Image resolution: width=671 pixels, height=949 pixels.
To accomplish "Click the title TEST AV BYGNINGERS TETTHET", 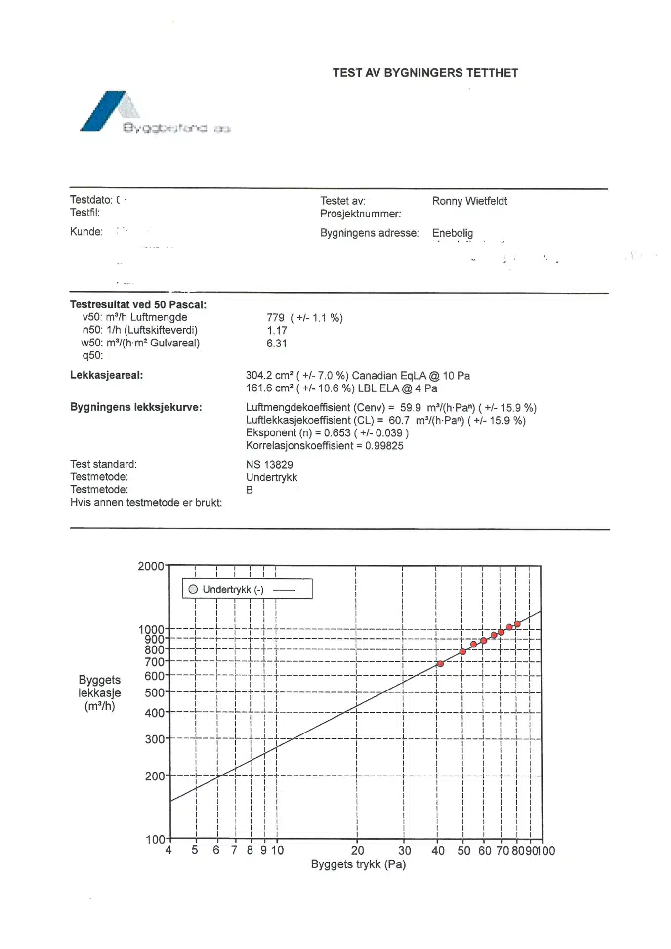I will point(425,73).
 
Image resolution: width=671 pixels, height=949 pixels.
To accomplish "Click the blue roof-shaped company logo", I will point(106,112).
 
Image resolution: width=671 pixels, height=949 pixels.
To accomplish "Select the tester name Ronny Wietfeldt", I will point(469,201).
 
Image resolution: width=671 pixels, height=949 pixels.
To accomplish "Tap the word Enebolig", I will point(452,233).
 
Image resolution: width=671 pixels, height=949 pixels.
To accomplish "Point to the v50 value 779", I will point(275,318).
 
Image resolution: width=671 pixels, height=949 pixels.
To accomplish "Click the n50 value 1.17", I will point(277,331).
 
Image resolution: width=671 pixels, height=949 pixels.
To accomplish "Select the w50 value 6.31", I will point(277,344).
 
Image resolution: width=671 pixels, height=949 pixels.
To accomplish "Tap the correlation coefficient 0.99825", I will point(384,446).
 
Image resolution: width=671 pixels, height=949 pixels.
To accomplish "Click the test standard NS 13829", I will point(269,465).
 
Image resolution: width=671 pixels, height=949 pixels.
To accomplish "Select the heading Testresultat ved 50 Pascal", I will point(138,304).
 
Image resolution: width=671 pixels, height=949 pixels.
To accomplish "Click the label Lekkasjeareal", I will point(106,375).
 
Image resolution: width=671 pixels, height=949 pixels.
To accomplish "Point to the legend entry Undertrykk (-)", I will point(233,589).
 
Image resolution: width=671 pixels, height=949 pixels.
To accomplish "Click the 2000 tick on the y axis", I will point(151,566).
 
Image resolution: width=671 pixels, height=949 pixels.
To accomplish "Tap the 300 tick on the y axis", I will point(154,739).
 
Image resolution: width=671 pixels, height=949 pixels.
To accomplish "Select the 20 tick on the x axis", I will point(357,851).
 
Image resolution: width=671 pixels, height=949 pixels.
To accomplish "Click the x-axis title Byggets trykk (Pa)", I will point(358,864).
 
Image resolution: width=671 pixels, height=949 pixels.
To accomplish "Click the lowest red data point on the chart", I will point(440,664).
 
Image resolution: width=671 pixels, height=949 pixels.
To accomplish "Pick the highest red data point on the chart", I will point(517,624).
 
